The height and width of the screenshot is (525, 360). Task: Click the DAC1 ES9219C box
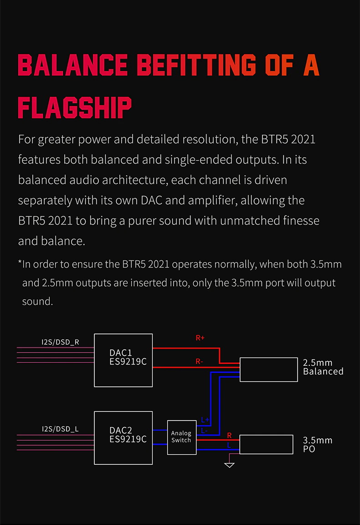click(123, 360)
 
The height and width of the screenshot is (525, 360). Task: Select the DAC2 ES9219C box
click(123, 438)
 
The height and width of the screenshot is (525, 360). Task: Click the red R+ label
click(200, 338)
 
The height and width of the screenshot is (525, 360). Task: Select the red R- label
click(199, 362)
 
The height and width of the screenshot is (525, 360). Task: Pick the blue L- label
click(204, 431)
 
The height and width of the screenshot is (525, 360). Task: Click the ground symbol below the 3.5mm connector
click(230, 465)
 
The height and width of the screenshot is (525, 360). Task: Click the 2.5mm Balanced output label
click(323, 367)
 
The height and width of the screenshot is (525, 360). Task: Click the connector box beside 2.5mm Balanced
click(268, 369)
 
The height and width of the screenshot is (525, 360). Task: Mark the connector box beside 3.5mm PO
click(266, 444)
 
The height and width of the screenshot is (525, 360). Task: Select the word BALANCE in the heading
click(72, 65)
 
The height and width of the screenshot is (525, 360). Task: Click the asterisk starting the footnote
click(20, 264)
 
